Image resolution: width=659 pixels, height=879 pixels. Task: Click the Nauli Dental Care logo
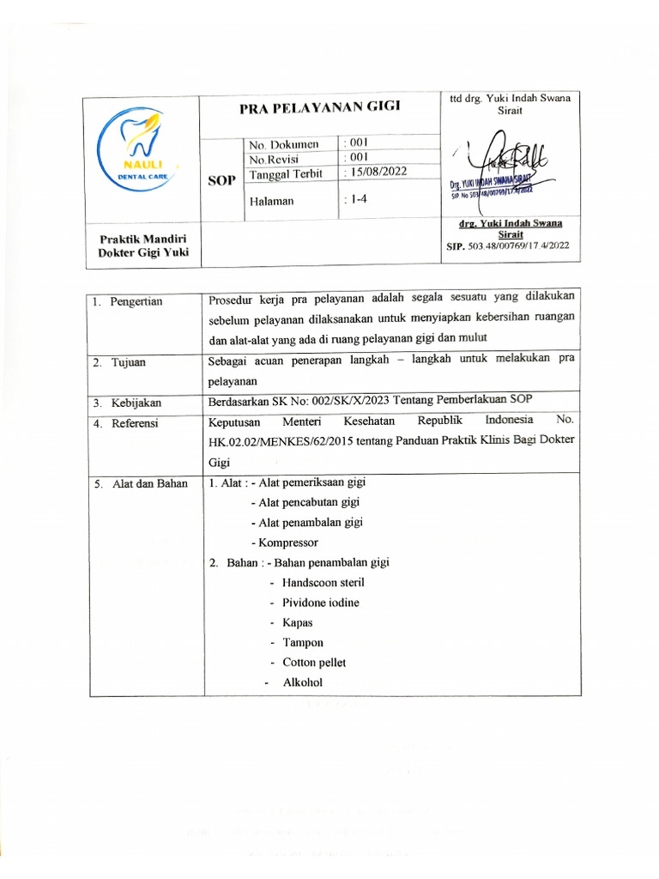141,155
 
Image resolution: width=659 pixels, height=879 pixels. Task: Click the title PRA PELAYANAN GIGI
319,106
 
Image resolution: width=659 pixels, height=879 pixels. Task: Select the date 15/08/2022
377,172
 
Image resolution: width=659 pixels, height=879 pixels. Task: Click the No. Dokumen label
283,144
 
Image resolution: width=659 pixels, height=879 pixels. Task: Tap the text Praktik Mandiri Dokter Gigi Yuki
143,245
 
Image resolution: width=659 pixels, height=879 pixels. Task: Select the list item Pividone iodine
321,603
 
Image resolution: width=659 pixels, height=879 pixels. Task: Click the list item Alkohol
302,682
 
